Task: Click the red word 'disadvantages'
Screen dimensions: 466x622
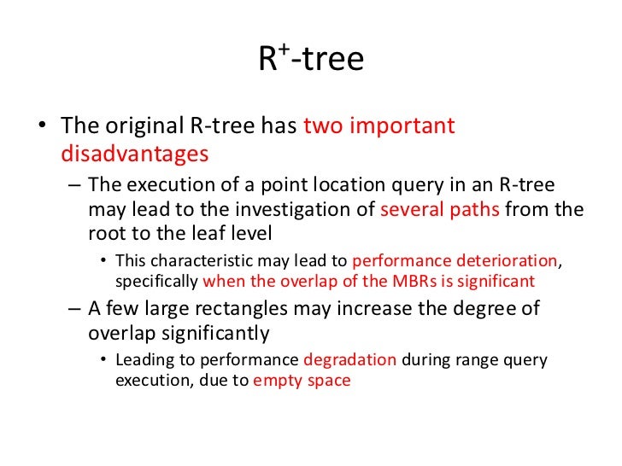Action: tap(135, 154)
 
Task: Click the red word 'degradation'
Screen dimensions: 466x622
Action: tap(349, 359)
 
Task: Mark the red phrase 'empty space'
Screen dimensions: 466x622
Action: tap(302, 381)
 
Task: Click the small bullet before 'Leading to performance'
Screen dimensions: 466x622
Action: tap(104, 360)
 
